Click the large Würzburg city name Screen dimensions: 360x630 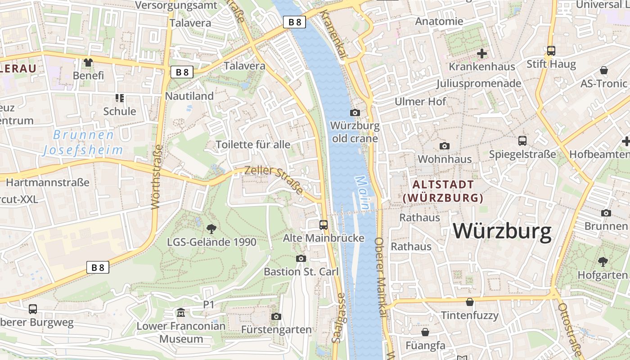(502, 232)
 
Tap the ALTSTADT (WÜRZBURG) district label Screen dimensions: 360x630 (443, 191)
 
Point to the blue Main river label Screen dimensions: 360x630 (363, 192)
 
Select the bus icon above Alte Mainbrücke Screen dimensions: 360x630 (323, 225)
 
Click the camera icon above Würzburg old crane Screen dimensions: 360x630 (355, 112)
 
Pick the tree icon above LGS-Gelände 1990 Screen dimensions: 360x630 (211, 229)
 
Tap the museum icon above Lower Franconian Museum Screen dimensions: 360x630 (181, 312)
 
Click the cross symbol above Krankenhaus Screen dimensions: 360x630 (481, 54)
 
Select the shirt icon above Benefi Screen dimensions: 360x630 (88, 63)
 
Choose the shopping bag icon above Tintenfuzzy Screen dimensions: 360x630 (470, 302)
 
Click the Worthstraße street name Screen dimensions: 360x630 (157, 177)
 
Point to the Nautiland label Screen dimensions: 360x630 (189, 96)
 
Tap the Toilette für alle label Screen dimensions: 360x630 (253, 144)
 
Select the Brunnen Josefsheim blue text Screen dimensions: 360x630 (83, 142)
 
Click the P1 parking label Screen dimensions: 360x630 (209, 305)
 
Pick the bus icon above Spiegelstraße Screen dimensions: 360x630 (522, 141)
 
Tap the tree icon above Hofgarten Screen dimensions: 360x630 (603, 261)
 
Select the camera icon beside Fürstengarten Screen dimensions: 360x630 (276, 317)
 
